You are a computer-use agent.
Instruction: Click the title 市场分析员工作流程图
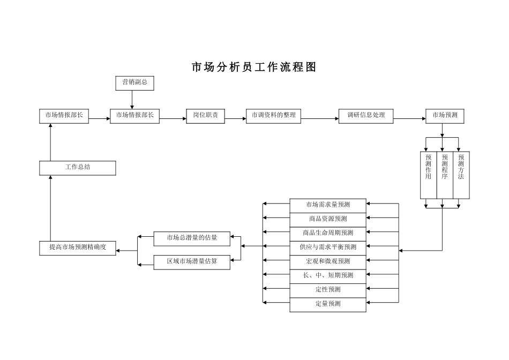click(x=254, y=67)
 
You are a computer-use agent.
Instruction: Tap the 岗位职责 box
click(x=205, y=116)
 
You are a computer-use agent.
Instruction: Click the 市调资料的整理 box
click(x=273, y=116)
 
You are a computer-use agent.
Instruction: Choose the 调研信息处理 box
click(x=366, y=116)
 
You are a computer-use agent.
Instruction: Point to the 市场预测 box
click(x=445, y=116)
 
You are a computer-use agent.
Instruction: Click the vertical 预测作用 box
click(x=428, y=175)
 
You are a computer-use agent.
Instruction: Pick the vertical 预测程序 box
click(x=445, y=175)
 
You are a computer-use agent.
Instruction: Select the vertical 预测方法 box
click(x=461, y=175)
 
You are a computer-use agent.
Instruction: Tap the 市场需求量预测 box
click(x=328, y=205)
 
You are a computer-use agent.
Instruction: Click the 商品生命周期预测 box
click(x=328, y=233)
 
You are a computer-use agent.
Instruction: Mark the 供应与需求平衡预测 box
click(x=328, y=247)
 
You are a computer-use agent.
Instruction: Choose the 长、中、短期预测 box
click(x=328, y=275)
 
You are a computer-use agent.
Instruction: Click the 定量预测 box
click(x=328, y=304)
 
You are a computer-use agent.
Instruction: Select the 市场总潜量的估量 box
click(x=192, y=238)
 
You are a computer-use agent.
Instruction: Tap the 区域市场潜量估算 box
click(x=192, y=261)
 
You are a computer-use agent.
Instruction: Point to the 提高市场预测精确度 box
click(x=78, y=247)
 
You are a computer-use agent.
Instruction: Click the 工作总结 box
click(x=78, y=168)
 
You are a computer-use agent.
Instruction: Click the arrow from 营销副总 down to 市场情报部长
click(x=132, y=100)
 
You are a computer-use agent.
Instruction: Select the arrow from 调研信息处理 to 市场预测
click(x=409, y=118)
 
